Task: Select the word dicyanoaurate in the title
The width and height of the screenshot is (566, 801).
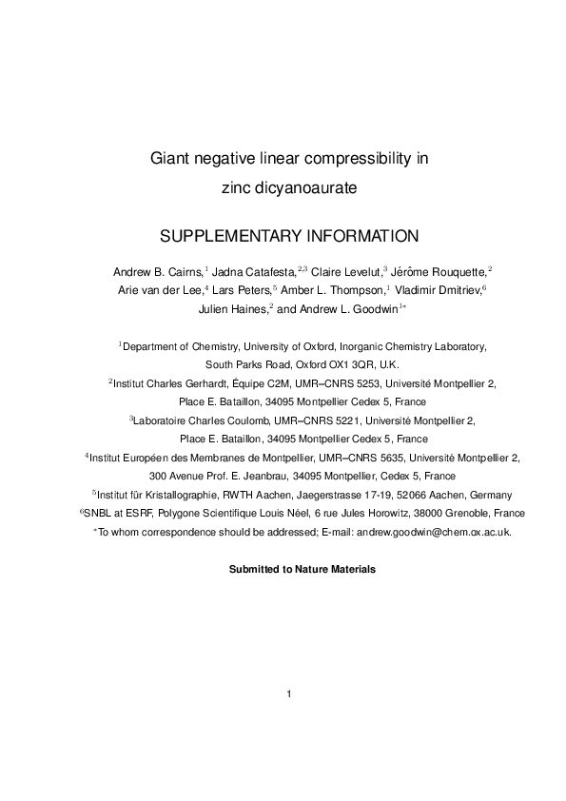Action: tap(303, 188)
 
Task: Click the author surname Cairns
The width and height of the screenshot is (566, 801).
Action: tap(182, 273)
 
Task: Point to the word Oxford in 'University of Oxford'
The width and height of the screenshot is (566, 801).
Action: tap(305, 347)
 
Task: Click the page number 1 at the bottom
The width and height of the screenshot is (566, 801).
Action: tap(287, 693)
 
